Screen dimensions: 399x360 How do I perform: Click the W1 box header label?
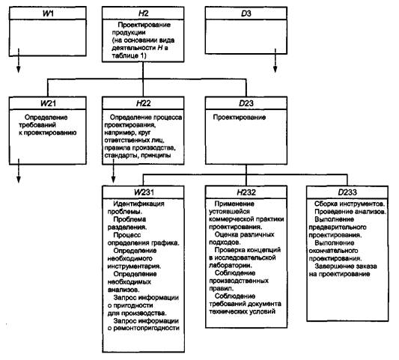[x=48, y=13]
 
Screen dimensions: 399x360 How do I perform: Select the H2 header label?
[x=143, y=13]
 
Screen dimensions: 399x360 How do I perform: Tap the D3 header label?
[x=246, y=13]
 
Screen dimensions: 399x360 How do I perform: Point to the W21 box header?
[x=48, y=103]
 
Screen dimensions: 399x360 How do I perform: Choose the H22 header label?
[x=144, y=103]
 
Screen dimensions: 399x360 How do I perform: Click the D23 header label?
[x=246, y=103]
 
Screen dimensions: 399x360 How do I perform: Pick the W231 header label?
[x=144, y=192]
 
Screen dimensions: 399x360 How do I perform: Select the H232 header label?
[x=246, y=192]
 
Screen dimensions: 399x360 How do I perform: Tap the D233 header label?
[x=347, y=192]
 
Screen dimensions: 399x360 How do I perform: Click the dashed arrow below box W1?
[x=18, y=61]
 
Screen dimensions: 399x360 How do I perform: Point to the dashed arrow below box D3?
[x=275, y=61]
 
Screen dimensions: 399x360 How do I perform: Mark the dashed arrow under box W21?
[x=18, y=171]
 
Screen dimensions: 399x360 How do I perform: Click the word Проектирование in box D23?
[x=240, y=118]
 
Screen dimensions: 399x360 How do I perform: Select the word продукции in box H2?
[x=129, y=33]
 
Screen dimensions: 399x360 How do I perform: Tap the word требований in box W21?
[x=37, y=125]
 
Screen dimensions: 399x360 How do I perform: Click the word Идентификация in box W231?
[x=138, y=204]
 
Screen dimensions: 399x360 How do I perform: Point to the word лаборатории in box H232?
[x=231, y=265]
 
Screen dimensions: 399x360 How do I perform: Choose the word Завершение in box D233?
[x=332, y=266]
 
